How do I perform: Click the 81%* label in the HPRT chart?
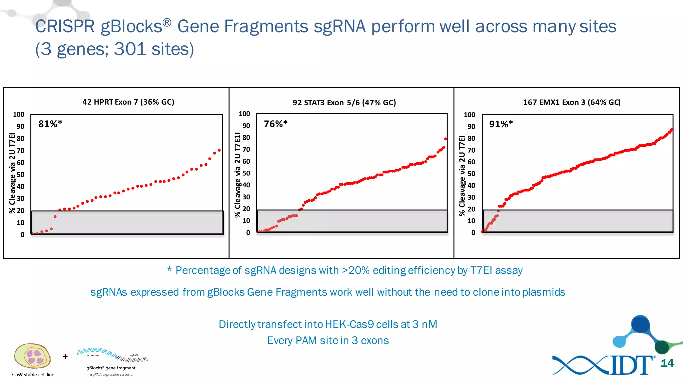click(x=50, y=124)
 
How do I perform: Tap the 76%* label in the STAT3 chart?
click(x=275, y=124)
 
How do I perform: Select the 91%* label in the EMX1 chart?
click(x=501, y=124)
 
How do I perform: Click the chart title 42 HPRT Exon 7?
click(x=128, y=102)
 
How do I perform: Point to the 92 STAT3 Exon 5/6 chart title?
click(x=344, y=103)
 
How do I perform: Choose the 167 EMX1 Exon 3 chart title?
click(x=572, y=102)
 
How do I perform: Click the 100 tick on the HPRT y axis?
click(x=19, y=115)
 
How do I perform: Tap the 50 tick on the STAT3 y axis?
click(x=246, y=173)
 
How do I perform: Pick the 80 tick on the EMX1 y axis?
click(x=471, y=138)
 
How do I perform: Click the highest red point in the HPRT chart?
click(x=219, y=150)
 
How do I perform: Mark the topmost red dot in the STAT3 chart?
click(x=446, y=139)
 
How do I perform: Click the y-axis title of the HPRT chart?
click(x=12, y=173)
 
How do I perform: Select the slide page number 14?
click(x=667, y=363)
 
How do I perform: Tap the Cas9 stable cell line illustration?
click(x=32, y=356)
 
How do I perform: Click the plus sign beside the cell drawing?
click(x=65, y=356)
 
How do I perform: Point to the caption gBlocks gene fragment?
click(x=111, y=368)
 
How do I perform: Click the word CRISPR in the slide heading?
click(x=65, y=26)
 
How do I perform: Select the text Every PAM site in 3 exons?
click(x=328, y=341)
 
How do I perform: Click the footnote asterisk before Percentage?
click(x=169, y=269)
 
